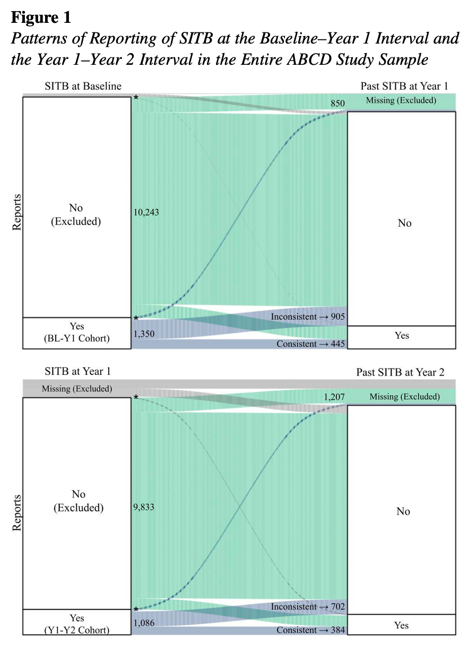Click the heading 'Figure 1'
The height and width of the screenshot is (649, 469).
(41, 18)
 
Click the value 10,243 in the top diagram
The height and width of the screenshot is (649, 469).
(147, 212)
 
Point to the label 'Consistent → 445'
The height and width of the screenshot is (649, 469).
(310, 344)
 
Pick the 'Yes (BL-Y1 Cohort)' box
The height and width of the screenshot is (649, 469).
(76, 332)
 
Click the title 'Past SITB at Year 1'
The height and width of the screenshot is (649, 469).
(404, 86)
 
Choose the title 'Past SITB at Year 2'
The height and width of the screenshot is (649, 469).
(401, 372)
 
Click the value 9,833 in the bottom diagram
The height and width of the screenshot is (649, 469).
(145, 507)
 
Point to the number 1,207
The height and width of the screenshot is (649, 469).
(334, 397)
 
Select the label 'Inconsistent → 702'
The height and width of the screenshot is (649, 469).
(308, 607)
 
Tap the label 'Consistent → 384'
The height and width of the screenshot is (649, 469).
(310, 630)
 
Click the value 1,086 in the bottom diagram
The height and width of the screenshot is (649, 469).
(144, 622)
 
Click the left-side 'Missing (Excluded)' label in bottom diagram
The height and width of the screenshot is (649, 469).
(77, 389)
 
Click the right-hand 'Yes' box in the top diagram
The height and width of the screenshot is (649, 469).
(402, 337)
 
